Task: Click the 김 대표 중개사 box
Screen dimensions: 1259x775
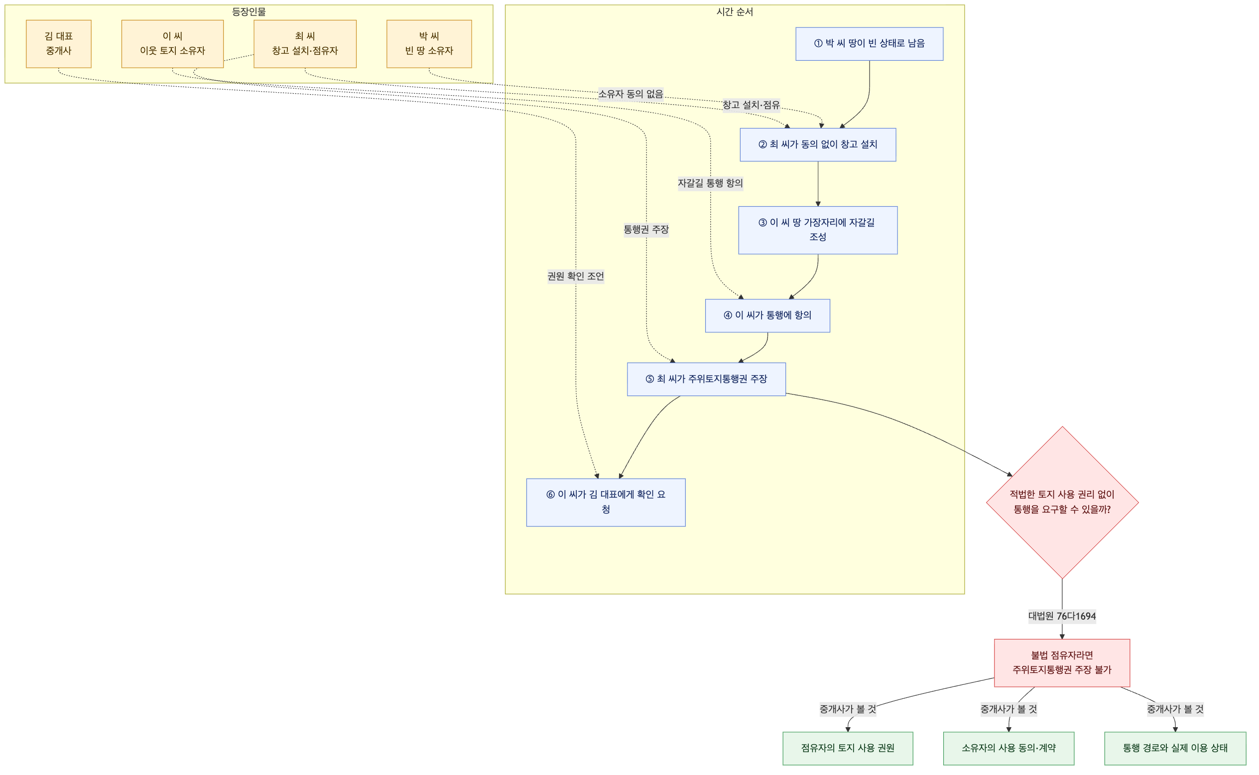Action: click(x=58, y=43)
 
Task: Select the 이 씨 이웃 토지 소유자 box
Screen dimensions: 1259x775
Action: click(x=172, y=43)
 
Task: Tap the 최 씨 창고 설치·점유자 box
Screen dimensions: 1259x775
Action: click(x=305, y=43)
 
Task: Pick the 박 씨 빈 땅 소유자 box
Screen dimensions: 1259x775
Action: click(x=429, y=43)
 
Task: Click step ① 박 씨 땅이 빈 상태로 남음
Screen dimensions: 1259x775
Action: click(x=869, y=43)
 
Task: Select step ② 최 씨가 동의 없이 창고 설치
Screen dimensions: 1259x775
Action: click(x=818, y=144)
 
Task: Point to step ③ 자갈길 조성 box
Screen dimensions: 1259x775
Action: click(x=818, y=230)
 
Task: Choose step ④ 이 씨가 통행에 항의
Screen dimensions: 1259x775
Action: click(x=767, y=316)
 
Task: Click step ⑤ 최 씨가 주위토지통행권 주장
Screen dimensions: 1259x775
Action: click(x=706, y=380)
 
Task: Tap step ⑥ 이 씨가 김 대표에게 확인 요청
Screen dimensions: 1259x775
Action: click(x=606, y=503)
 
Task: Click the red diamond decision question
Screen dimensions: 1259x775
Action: click(x=1062, y=503)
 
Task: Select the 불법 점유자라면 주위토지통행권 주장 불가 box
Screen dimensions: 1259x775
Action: click(x=1062, y=663)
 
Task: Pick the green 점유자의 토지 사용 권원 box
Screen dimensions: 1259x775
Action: click(x=848, y=748)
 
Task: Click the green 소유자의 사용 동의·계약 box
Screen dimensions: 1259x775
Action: click(x=1008, y=748)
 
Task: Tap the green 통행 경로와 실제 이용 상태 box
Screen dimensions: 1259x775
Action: click(x=1175, y=748)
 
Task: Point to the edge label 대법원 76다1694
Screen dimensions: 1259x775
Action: click(x=1062, y=616)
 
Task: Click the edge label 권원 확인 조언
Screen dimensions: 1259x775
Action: click(x=575, y=276)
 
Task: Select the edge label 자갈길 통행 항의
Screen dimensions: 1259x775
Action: click(x=710, y=183)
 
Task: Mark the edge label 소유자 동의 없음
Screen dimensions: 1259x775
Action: click(x=630, y=94)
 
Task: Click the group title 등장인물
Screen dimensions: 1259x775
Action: click(x=249, y=12)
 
